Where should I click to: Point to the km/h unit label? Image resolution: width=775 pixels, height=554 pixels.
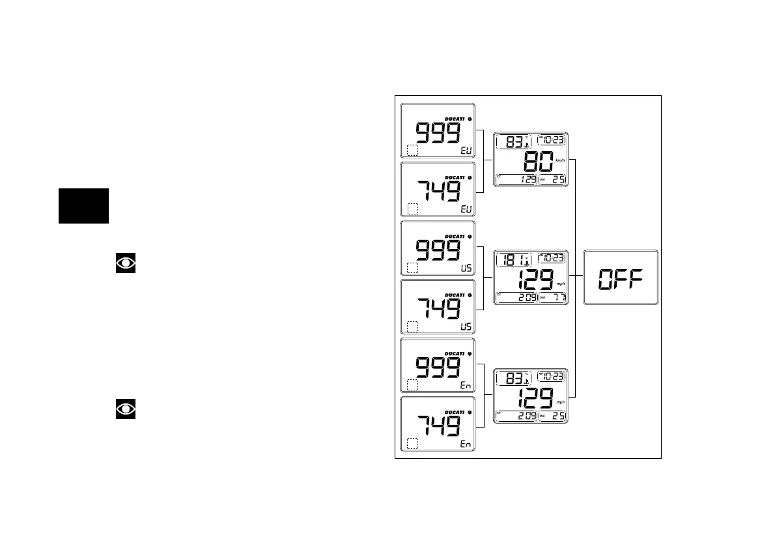(560, 160)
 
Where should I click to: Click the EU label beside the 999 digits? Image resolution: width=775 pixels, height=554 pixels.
(465, 151)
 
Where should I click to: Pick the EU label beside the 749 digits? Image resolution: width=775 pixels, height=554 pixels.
(465, 210)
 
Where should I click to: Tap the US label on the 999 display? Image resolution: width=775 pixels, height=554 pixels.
(465, 269)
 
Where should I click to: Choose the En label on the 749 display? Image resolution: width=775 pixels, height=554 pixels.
(465, 445)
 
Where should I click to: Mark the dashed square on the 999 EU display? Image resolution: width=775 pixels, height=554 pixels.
(412, 151)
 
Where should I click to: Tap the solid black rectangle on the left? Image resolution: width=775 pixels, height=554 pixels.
(83, 206)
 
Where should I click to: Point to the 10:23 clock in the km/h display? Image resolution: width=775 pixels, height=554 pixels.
(553, 140)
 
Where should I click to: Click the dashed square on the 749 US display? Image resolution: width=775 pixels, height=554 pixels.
(412, 327)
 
